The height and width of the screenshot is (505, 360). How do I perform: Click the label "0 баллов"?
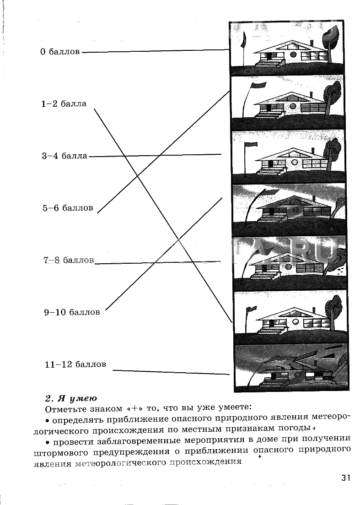[x=59, y=51]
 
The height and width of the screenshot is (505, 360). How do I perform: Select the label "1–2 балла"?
[x=64, y=104]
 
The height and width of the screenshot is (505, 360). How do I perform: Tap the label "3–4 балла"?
[x=64, y=156]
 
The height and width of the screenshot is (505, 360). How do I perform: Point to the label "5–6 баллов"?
[x=68, y=208]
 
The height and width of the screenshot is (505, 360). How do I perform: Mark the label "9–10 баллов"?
[x=72, y=312]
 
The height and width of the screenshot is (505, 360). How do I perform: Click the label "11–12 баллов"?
[x=75, y=364]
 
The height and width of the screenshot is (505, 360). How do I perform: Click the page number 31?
[x=345, y=478]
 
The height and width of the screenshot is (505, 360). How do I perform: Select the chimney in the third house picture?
[x=313, y=151]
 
